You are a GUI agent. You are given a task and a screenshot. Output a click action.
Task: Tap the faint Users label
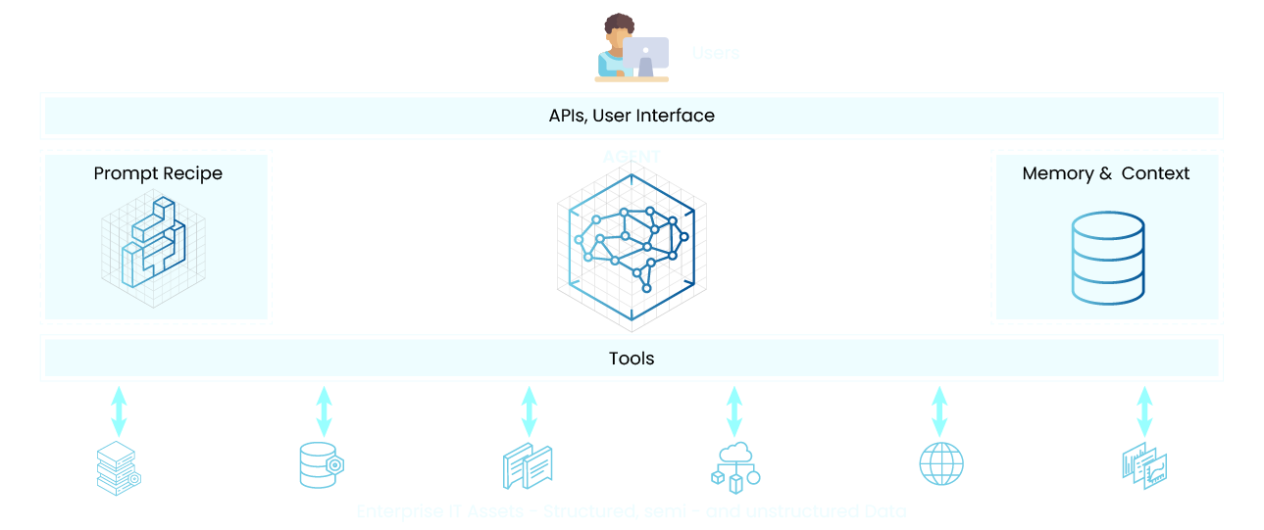(715, 53)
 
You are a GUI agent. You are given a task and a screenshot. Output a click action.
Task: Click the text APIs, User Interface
(632, 116)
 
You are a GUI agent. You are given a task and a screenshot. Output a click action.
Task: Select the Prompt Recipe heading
(158, 173)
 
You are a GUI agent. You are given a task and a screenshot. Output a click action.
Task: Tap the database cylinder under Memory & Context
(1107, 259)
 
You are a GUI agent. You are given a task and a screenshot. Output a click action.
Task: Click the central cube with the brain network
(632, 245)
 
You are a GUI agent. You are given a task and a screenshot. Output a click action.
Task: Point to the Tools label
(632, 359)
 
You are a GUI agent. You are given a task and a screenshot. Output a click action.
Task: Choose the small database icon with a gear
(321, 465)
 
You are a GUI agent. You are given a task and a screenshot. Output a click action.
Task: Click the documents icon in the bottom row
(528, 467)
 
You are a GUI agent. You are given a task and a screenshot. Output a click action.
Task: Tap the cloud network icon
(734, 465)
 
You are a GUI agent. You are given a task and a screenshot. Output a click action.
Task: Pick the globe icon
(940, 464)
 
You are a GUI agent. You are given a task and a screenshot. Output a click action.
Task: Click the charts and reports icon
(1143, 465)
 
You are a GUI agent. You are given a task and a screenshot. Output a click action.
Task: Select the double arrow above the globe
(939, 411)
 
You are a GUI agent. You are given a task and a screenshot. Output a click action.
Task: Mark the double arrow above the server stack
(119, 411)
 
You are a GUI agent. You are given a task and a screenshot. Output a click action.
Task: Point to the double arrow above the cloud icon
(734, 411)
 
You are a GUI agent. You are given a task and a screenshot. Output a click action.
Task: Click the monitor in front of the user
(646, 55)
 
